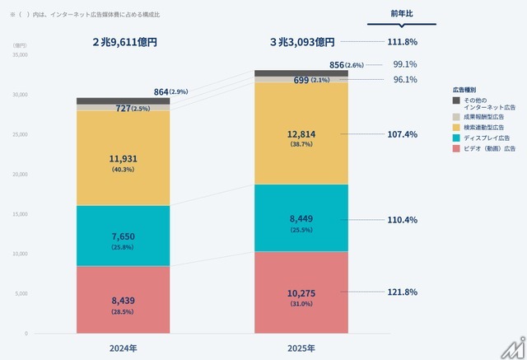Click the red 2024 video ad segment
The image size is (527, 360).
124,300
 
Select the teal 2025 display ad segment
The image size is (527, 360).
301,217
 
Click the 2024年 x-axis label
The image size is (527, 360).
124,348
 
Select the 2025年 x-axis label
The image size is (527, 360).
301,348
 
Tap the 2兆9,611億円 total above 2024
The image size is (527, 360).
124,41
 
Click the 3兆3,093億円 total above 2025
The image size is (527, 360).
302,41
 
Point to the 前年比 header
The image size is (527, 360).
402,13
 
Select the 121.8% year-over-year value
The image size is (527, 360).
402,292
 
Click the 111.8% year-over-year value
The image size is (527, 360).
402,42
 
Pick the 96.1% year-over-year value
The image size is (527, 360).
404,80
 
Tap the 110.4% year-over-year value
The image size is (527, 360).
402,220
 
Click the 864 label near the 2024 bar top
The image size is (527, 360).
163,91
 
